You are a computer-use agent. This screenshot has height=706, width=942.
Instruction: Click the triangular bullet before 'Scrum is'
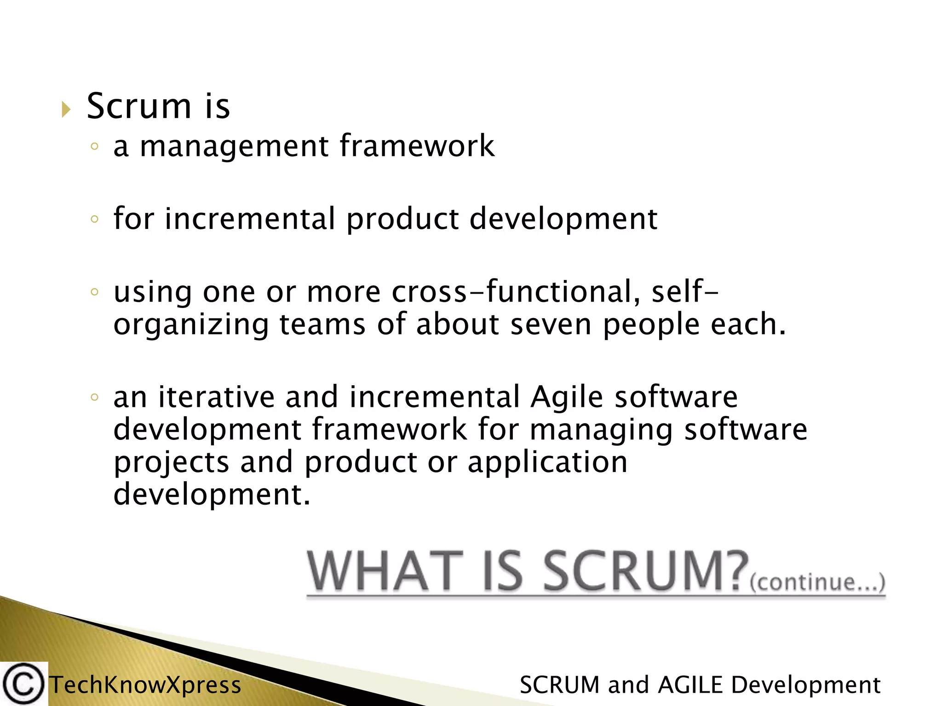pyautogui.click(x=66, y=110)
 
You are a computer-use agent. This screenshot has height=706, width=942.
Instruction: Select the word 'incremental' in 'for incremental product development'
pyautogui.click(x=250, y=219)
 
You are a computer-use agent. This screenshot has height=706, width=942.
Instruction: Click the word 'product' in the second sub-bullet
pyautogui.click(x=402, y=220)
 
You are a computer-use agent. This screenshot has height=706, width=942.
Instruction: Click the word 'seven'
pyautogui.click(x=551, y=325)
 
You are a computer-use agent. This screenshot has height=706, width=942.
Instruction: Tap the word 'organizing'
pyautogui.click(x=191, y=325)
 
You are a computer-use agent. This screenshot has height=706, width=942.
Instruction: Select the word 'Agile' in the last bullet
pyautogui.click(x=566, y=397)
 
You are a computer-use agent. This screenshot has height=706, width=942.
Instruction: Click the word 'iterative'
pyautogui.click(x=216, y=397)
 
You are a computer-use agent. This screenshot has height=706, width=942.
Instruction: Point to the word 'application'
pyautogui.click(x=547, y=463)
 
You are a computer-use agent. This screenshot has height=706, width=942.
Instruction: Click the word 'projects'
pyautogui.click(x=171, y=463)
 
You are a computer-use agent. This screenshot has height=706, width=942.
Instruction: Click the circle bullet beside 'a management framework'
pyautogui.click(x=95, y=147)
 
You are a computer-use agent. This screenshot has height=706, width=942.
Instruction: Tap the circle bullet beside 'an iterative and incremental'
pyautogui.click(x=95, y=397)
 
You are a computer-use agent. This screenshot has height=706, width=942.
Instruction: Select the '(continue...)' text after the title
pyautogui.click(x=817, y=582)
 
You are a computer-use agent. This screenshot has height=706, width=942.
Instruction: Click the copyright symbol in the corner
pyautogui.click(x=23, y=684)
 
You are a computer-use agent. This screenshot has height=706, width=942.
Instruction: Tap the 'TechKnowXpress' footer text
pyautogui.click(x=145, y=685)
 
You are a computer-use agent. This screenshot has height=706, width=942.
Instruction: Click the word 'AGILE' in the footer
pyautogui.click(x=691, y=685)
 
